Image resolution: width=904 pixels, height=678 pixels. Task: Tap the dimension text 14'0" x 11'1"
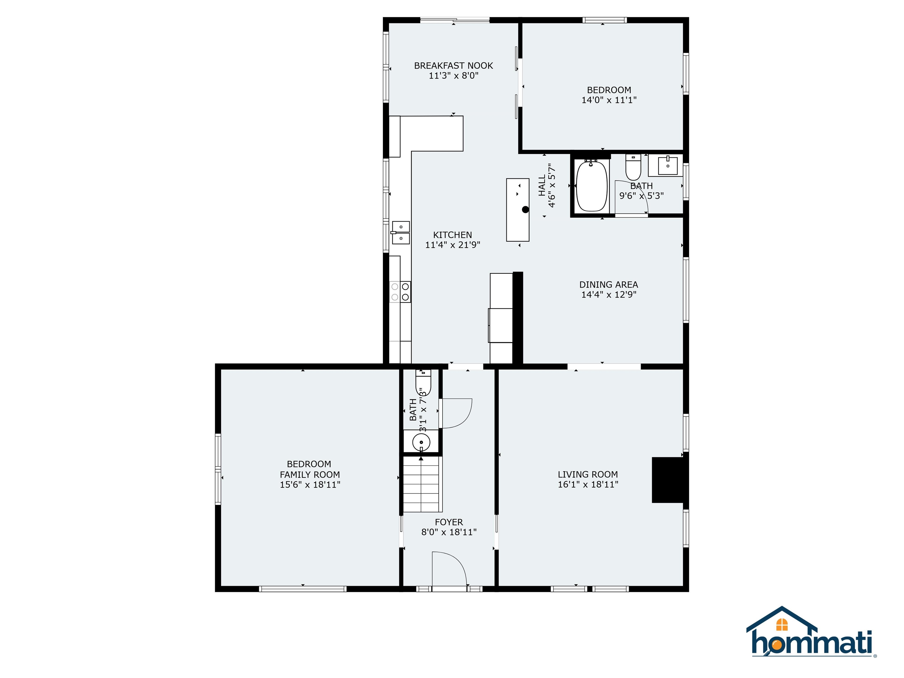609,100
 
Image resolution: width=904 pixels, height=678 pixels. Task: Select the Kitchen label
452,235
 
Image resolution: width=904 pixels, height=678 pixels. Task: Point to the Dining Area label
609,285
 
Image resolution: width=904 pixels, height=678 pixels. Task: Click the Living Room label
588,474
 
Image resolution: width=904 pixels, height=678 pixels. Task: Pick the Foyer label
449,522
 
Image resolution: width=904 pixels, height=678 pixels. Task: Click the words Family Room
310,474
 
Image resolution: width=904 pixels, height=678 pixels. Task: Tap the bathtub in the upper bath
591,186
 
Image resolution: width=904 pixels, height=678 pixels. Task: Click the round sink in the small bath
421,442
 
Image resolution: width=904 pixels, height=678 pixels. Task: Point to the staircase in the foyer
423,484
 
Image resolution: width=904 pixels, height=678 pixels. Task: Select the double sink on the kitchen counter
401,232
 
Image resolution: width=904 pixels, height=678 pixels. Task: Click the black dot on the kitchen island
526,210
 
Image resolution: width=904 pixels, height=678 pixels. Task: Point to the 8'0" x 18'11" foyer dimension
449,532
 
